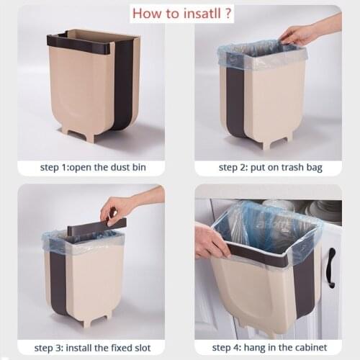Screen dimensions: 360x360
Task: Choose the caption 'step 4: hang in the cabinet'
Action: pos(270,348)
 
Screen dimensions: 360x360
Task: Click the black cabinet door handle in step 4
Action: pos(330,267)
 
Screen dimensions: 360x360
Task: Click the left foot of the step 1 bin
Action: pos(68,135)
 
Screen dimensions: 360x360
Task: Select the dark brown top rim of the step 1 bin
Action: pos(79,35)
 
